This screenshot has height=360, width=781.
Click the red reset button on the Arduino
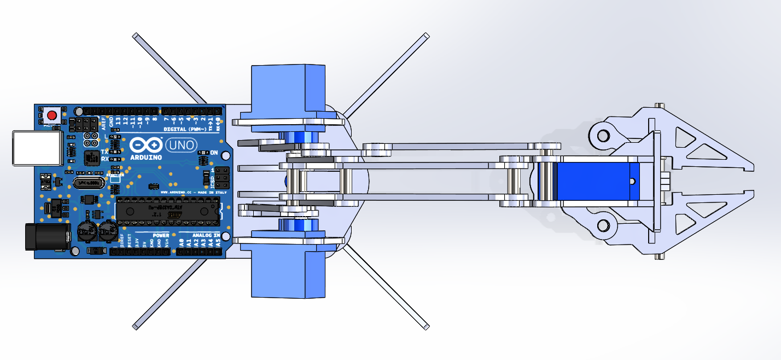coord(52,115)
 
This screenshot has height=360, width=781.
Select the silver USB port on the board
coord(37,148)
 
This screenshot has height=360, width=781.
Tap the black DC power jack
coord(48,236)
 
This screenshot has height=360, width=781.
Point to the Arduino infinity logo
coord(145,146)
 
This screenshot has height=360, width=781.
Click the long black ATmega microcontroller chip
coord(167,211)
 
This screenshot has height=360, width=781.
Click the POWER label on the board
coord(161,235)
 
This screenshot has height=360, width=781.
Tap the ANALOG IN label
coord(206,235)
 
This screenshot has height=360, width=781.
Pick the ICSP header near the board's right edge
coord(221,177)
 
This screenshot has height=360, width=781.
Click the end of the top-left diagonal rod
coord(135,36)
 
